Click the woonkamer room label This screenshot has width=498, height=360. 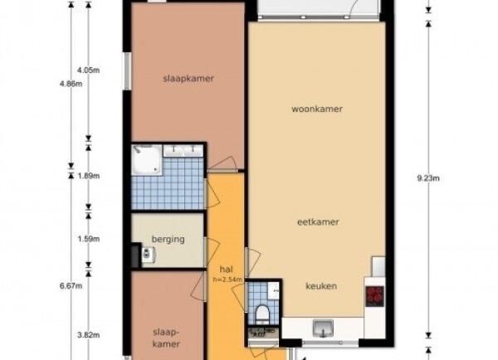317,109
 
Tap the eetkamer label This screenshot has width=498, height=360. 318,222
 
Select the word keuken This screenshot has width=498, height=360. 321,286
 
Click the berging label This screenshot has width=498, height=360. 168,240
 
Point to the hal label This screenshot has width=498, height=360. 226,270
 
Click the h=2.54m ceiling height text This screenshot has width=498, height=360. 227,280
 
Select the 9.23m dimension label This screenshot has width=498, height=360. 428,178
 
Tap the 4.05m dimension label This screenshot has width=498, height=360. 89,71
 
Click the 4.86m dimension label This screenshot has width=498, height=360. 71,84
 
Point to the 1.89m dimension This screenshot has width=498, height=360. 89,176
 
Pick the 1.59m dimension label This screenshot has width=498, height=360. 89,239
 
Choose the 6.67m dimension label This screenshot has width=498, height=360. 71,286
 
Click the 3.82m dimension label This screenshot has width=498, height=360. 89,335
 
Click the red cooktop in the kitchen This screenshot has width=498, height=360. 375,296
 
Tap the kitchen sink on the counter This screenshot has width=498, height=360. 323,328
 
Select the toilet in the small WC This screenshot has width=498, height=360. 262,312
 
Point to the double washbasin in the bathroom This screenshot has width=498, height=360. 183,150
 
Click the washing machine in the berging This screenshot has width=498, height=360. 148,255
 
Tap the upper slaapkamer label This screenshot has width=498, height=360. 188,79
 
